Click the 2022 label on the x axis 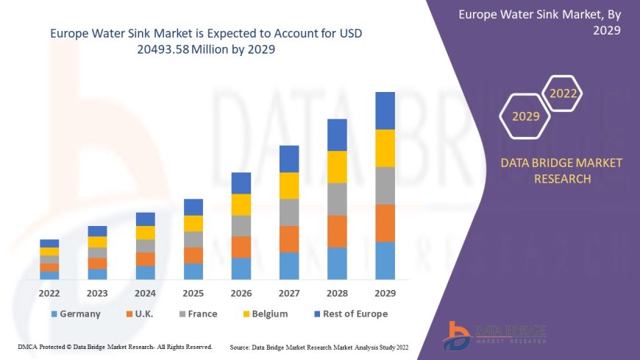click(x=49, y=292)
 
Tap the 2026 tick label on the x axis click(x=241, y=292)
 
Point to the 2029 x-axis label click(x=385, y=292)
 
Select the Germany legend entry click(x=76, y=314)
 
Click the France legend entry click(x=196, y=314)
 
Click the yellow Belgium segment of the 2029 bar click(x=385, y=148)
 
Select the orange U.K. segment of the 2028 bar click(x=337, y=231)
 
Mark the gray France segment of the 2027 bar click(x=289, y=212)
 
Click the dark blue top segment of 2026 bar click(x=241, y=183)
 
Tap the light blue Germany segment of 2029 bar click(x=385, y=261)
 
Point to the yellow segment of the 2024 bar click(x=146, y=233)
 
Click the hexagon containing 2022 click(x=563, y=93)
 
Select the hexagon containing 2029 click(x=525, y=116)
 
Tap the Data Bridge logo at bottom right click(x=495, y=335)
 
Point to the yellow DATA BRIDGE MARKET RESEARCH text click(x=561, y=170)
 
